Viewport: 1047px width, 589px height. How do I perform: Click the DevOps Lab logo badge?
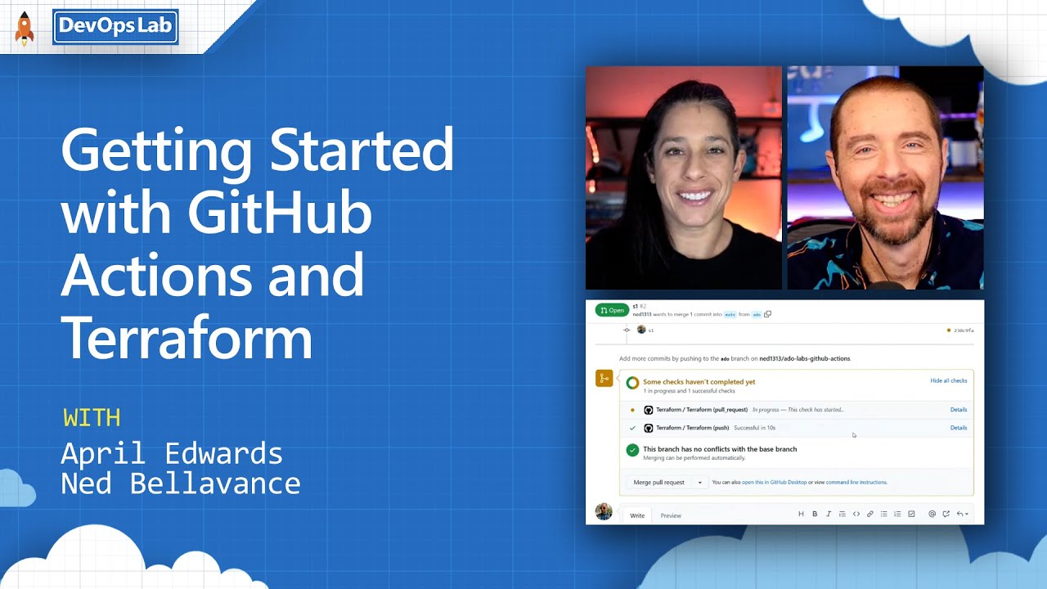[115, 27]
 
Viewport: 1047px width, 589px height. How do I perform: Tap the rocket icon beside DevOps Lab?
[25, 28]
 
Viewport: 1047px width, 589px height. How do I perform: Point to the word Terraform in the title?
[186, 336]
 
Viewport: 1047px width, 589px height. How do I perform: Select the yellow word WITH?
[92, 417]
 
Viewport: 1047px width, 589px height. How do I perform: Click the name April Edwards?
[172, 453]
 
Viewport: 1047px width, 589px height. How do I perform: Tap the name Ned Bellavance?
[181, 483]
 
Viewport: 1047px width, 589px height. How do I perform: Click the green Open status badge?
[612, 311]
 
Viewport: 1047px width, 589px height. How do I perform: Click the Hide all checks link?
[948, 381]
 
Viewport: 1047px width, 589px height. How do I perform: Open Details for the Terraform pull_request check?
[958, 410]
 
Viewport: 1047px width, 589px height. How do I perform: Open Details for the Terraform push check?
[958, 428]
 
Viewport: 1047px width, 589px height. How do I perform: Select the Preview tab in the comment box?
[671, 515]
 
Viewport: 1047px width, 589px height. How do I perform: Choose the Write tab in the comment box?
[637, 515]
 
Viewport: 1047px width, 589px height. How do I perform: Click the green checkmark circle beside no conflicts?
[632, 450]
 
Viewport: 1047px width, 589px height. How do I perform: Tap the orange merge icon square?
[604, 378]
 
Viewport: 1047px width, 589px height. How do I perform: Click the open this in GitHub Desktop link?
[774, 483]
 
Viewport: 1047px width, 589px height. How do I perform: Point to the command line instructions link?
[856, 483]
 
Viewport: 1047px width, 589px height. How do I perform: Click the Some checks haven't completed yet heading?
[699, 382]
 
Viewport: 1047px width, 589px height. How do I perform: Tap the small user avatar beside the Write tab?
[604, 512]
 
